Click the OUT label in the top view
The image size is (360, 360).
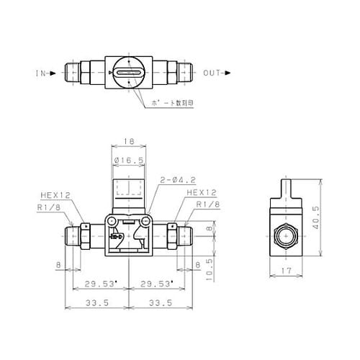coord(213,73)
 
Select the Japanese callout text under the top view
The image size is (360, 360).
coord(173,104)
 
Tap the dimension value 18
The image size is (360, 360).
coord(130,143)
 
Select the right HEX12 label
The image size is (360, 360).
coord(202,193)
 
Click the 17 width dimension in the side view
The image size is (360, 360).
coord(286,271)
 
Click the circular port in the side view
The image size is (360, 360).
coord(286,235)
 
